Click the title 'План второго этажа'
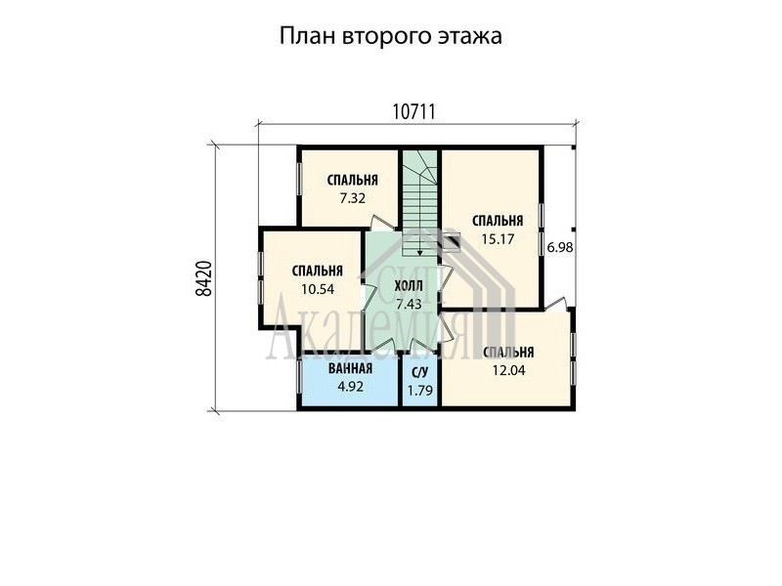(x=390, y=37)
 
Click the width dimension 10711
(x=413, y=112)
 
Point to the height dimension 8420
(x=204, y=279)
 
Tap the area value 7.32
(x=353, y=198)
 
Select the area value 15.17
(x=498, y=239)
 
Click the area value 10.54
(x=318, y=289)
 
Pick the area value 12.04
(x=508, y=371)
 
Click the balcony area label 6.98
(x=560, y=247)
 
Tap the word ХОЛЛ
(x=409, y=286)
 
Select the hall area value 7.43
(x=409, y=304)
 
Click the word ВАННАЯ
(x=350, y=369)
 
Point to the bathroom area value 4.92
(x=350, y=387)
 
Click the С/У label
(x=420, y=373)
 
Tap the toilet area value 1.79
(x=420, y=391)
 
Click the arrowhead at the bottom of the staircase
(x=420, y=253)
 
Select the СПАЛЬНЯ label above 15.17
(x=498, y=221)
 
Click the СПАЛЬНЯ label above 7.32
(x=353, y=180)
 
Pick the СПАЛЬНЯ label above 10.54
(x=318, y=271)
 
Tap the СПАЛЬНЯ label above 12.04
(x=508, y=353)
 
